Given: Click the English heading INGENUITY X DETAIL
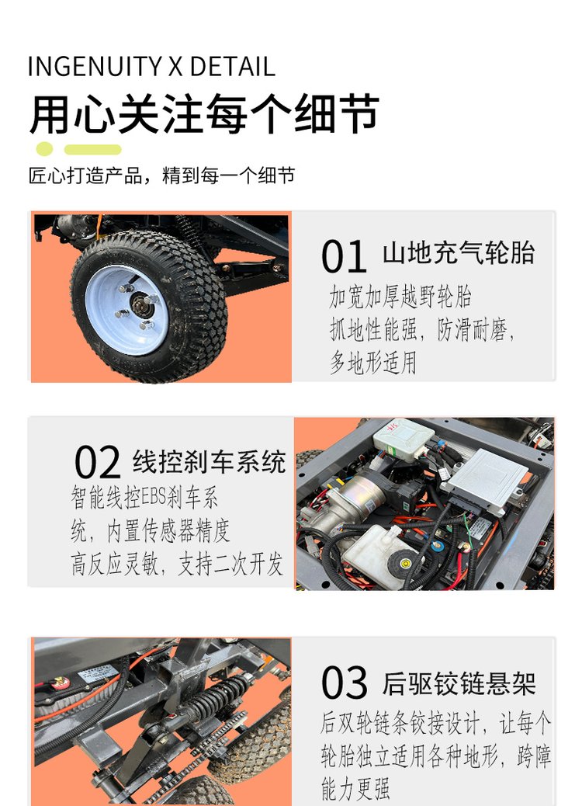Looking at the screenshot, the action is pyautogui.click(x=151, y=67).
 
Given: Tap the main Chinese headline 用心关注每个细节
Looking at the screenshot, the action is pyautogui.click(x=204, y=113).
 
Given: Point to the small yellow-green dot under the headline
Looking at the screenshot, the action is pyautogui.click(x=45, y=149).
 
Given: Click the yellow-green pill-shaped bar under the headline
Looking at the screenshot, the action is pyautogui.click(x=93, y=150).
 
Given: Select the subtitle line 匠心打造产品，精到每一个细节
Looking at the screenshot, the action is pyautogui.click(x=162, y=175).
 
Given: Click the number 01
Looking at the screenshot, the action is pyautogui.click(x=344, y=256).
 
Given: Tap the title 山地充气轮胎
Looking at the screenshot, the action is pyautogui.click(x=459, y=253).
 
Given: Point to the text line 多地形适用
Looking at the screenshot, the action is pyautogui.click(x=373, y=363).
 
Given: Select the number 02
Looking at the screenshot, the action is pyautogui.click(x=98, y=462).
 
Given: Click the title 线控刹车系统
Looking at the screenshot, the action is pyautogui.click(x=209, y=461).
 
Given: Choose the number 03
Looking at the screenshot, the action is pyautogui.click(x=345, y=683).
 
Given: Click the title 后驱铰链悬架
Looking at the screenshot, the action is pyautogui.click(x=459, y=683).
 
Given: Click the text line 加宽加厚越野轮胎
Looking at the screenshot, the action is pyautogui.click(x=400, y=297).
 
